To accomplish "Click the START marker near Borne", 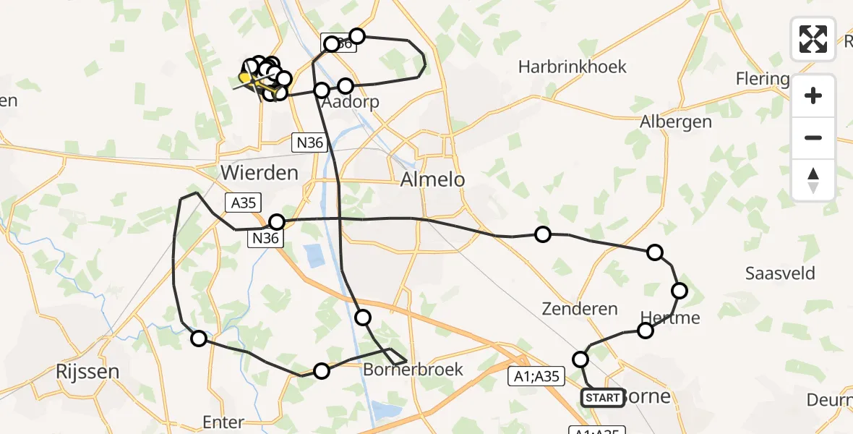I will click(602, 397).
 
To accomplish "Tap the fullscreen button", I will click(813, 38).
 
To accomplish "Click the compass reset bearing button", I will click(813, 180).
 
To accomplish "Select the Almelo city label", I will click(433, 179).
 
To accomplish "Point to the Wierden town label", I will click(260, 173).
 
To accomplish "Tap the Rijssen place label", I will click(87, 372).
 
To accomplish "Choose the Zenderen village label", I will click(580, 310).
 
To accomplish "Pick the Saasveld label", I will click(780, 273).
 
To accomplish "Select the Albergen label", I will click(675, 122).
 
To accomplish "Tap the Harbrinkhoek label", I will click(572, 67).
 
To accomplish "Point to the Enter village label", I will click(223, 422).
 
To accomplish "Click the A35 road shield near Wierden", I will click(244, 203).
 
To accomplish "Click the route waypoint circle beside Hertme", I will click(645, 331).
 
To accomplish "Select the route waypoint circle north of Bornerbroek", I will click(363, 317).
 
